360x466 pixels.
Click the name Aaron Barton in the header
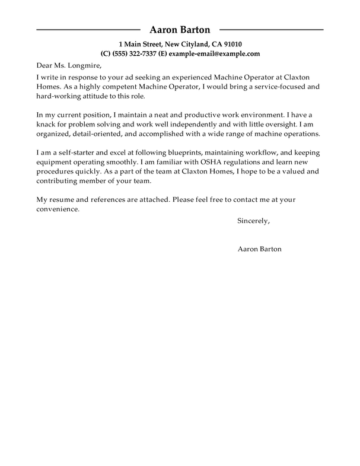[x=180, y=29]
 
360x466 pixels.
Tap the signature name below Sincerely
[x=259, y=249]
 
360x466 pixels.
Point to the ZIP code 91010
[x=231, y=44]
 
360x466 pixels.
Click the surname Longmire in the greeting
[x=81, y=66]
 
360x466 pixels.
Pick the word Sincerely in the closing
[x=253, y=221]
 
